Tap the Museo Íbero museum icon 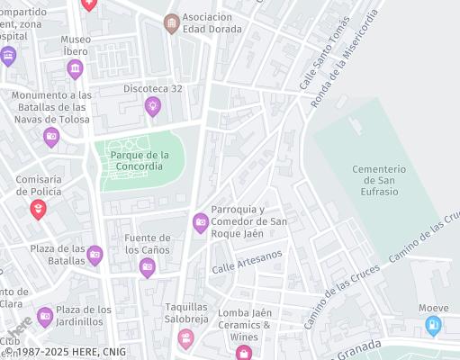[x=76, y=69]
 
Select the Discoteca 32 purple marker [x=153, y=106]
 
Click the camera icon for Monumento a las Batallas [x=51, y=137]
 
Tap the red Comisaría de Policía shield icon [x=38, y=210]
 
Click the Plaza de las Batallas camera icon [x=95, y=256]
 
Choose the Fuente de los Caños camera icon [x=148, y=266]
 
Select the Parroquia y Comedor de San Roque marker [x=201, y=222]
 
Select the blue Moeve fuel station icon [x=433, y=326]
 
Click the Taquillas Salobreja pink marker [x=185, y=338]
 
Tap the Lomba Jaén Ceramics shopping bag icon [x=243, y=353]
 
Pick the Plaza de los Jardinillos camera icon [x=45, y=316]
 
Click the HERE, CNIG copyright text [x=63, y=353]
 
